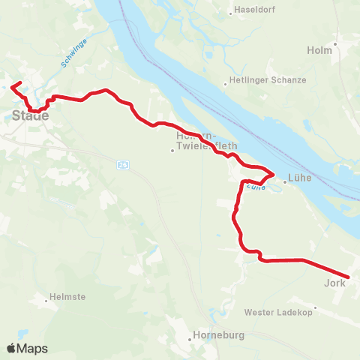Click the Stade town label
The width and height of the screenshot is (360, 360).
[30, 115]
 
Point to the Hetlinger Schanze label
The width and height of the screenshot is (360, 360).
[268, 80]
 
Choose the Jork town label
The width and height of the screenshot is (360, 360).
[334, 283]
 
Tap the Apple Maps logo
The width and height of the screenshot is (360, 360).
[27, 349]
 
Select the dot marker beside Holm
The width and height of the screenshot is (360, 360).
[336, 43]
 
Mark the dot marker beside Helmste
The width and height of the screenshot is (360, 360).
[45, 298]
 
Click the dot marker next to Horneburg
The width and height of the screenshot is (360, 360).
[190, 337]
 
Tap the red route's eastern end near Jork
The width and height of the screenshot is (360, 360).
[348, 277]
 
